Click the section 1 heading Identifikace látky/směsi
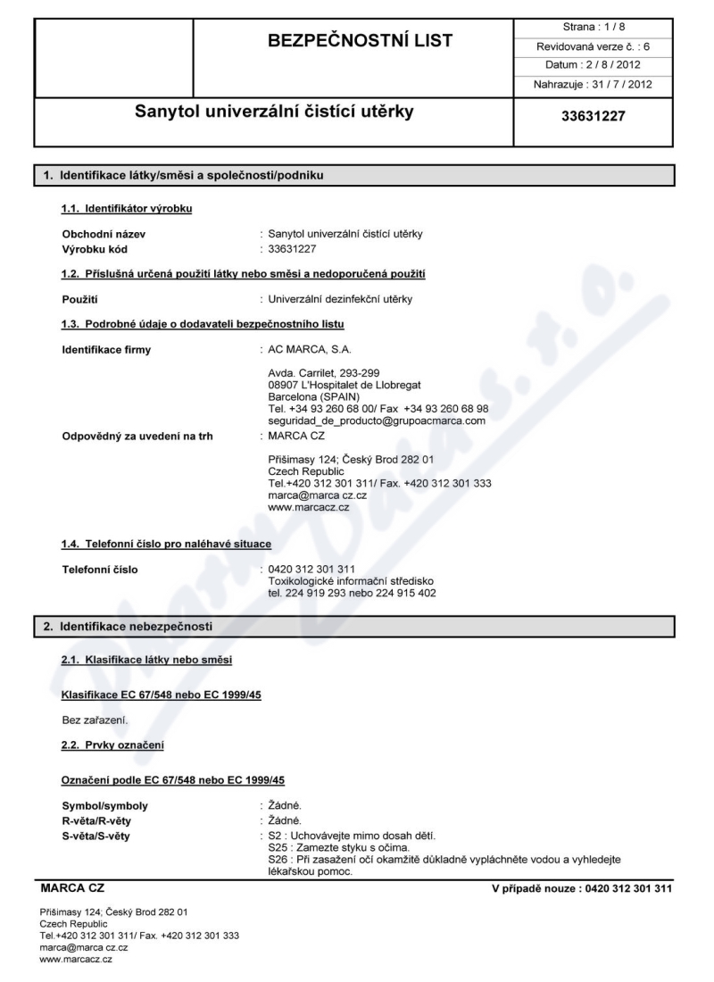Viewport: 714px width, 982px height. (187, 175)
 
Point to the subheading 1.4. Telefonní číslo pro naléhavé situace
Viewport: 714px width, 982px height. (166, 543)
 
